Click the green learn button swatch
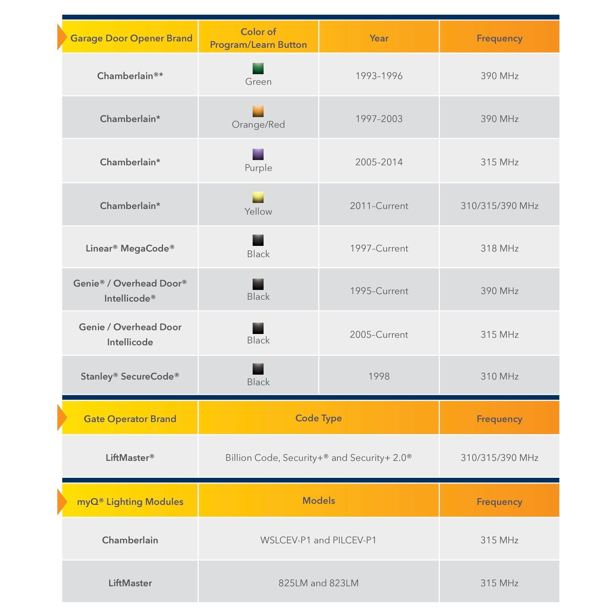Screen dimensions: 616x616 [x=258, y=68]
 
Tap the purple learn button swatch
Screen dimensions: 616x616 [x=258, y=154]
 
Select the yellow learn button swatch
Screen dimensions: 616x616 [x=258, y=197]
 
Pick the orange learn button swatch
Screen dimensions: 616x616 [x=258, y=111]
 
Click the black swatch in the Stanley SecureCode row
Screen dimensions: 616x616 [x=258, y=369]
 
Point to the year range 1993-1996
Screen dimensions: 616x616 [x=379, y=76]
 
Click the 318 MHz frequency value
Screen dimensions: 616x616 [x=499, y=248]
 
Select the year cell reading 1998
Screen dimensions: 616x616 [x=379, y=376]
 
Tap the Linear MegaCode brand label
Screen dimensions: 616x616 [x=130, y=248]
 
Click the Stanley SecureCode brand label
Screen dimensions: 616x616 [x=130, y=376]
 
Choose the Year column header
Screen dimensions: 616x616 [x=379, y=38]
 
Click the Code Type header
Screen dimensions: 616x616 [x=319, y=418]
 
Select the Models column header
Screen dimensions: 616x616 [x=319, y=500]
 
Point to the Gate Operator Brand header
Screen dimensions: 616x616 [x=130, y=419]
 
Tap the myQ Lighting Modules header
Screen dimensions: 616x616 [x=130, y=502]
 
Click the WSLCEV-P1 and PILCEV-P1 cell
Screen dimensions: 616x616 [x=319, y=540]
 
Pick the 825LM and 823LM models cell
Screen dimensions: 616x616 [x=319, y=583]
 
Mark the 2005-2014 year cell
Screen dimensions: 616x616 [x=379, y=162]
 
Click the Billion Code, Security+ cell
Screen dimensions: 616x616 [x=319, y=457]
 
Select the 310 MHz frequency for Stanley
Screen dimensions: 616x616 [x=499, y=376]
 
